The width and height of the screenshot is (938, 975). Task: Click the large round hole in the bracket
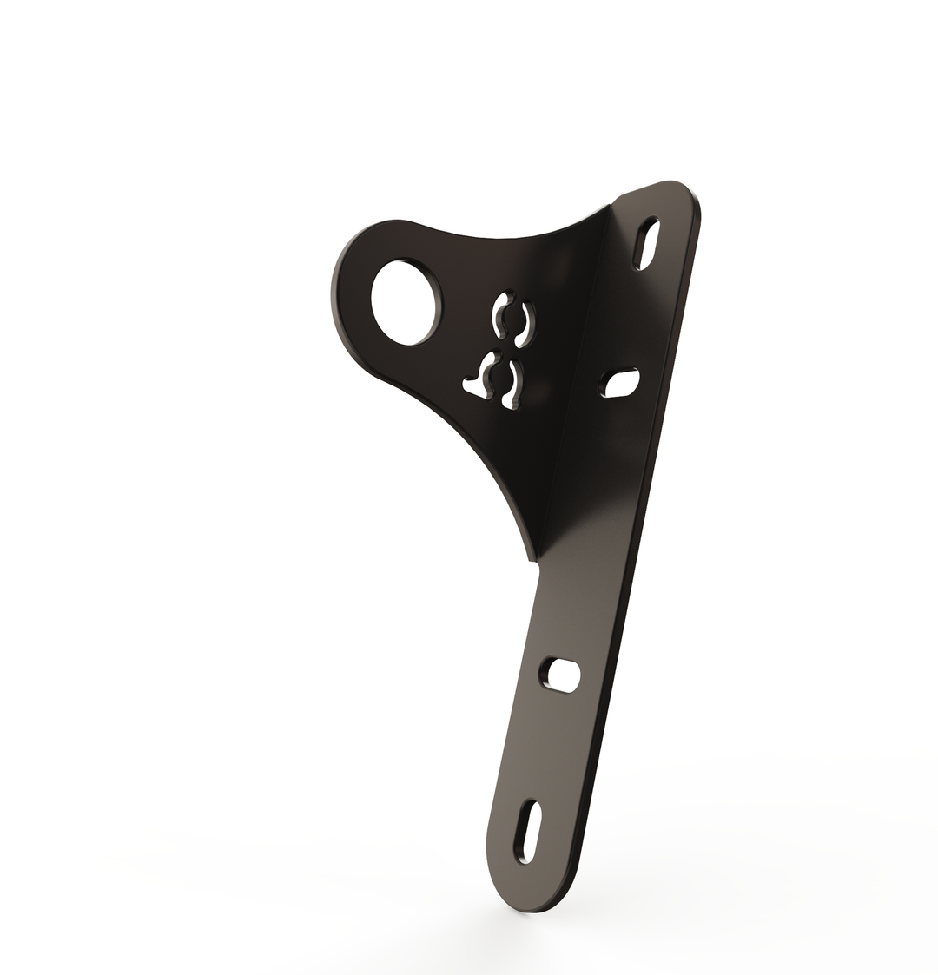pyautogui.click(x=405, y=302)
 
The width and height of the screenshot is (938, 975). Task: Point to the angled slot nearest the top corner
pyautogui.click(x=647, y=243)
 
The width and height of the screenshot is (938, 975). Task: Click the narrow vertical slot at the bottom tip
pyautogui.click(x=528, y=831)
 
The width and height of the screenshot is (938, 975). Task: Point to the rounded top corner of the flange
pyautogui.click(x=682, y=189)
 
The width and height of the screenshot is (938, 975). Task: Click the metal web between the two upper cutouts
pyautogui.click(x=513, y=320)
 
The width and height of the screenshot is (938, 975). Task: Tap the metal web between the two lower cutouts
pyautogui.click(x=499, y=381)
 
